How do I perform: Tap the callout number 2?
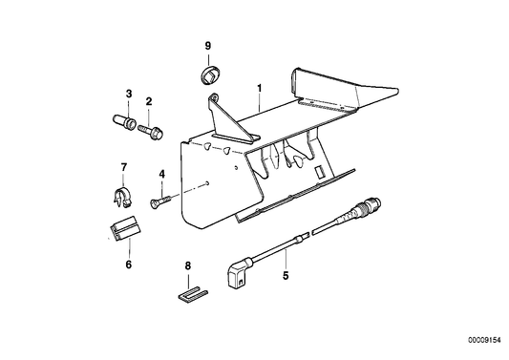tap(149, 101)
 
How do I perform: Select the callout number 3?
tap(129, 93)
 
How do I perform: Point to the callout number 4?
tap(162, 174)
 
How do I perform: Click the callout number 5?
tap(285, 278)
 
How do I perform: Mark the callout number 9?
tap(208, 46)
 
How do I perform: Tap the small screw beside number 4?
tap(159, 198)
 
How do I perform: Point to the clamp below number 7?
tap(120, 198)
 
